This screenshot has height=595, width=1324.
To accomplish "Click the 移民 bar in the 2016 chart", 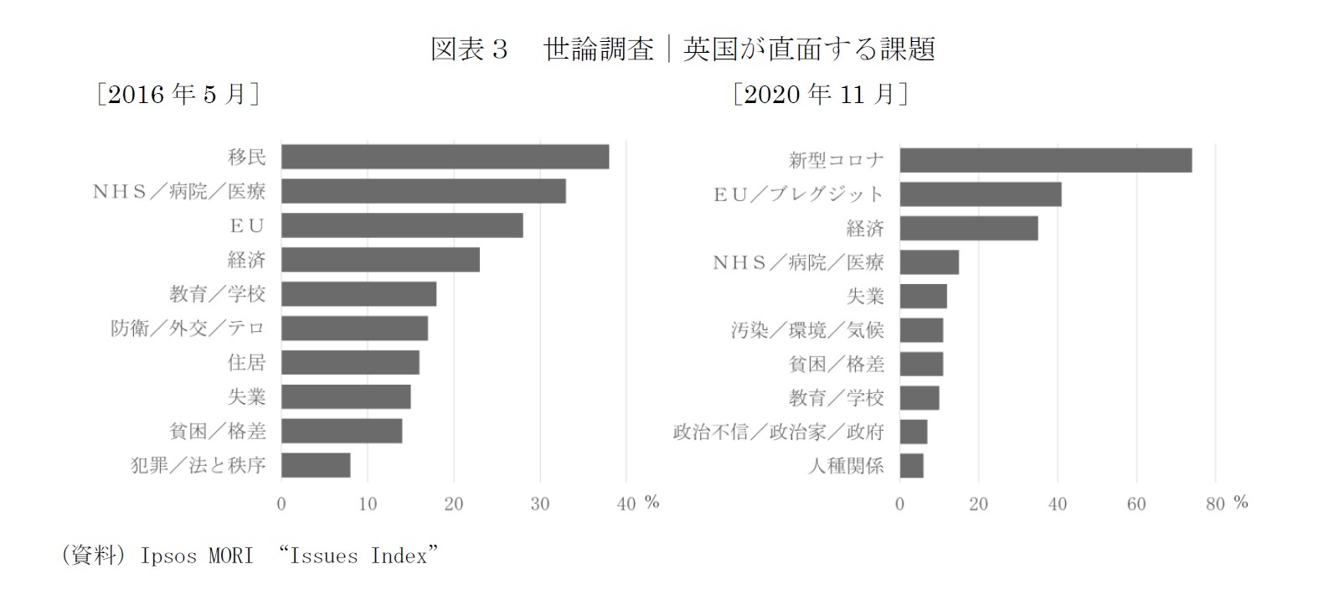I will [445, 157].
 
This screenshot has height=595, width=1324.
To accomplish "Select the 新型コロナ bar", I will [1045, 159].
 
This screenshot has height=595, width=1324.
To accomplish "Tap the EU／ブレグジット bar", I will [980, 194].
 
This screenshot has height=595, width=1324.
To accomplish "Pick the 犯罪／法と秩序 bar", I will [316, 465].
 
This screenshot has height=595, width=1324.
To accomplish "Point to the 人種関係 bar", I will [912, 466].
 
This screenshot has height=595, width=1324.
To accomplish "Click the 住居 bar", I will [350, 362].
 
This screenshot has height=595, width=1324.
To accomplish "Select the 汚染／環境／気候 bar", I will [921, 329].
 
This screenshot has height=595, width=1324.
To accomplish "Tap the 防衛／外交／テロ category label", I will [188, 328].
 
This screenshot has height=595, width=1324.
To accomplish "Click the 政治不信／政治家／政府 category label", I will [779, 432].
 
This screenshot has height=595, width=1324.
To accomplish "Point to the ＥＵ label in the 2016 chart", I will [247, 225].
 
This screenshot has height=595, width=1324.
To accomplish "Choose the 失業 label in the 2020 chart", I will [865, 296].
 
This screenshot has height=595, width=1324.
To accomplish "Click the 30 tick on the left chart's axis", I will [540, 504].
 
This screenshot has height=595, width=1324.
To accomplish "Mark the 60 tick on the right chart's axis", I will [1136, 504].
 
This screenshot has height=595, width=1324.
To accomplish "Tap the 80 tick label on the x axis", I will [1215, 504].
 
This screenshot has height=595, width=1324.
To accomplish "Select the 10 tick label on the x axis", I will [368, 504].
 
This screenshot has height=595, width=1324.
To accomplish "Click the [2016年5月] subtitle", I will [178, 95].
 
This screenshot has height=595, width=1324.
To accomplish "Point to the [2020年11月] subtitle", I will [820, 95].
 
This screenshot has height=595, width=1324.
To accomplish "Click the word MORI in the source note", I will [225, 556].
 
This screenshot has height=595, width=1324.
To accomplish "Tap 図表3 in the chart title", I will [469, 49].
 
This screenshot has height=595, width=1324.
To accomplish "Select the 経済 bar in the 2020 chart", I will [968, 228].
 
